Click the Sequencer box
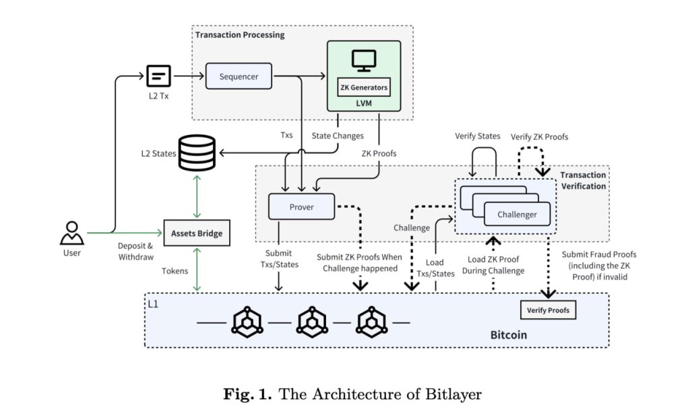click(239, 76)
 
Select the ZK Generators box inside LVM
click(364, 87)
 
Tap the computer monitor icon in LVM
click(364, 61)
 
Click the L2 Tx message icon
click(158, 76)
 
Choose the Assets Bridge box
click(196, 233)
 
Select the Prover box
click(301, 207)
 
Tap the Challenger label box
click(517, 214)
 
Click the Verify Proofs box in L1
click(548, 310)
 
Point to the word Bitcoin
click(508, 334)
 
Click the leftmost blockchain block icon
click(247, 322)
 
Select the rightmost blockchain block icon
click(373, 322)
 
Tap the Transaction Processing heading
click(240, 34)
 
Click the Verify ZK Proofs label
click(539, 137)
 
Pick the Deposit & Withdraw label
click(135, 251)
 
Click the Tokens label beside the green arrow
click(174, 271)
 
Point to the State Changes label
click(338, 136)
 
